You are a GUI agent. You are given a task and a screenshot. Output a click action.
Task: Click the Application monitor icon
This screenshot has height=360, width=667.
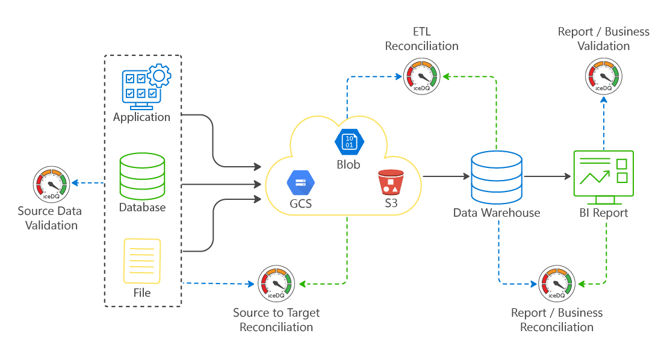pos(142,85)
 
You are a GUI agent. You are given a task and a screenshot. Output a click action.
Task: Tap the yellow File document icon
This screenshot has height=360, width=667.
pos(142,261)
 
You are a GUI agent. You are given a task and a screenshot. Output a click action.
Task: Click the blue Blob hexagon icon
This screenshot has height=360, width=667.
pos(349,143)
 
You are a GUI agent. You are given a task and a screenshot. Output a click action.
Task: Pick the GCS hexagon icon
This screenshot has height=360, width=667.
pos(301,181)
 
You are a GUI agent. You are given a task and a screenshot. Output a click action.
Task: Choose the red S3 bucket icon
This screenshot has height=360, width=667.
pos(391,182)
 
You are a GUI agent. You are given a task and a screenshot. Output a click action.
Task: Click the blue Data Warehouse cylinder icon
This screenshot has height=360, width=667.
pos(497,177)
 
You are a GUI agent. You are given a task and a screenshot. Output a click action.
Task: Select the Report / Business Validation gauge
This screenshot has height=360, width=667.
pos(603,76)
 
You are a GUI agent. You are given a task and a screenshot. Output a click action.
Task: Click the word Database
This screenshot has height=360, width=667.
pos(142,208)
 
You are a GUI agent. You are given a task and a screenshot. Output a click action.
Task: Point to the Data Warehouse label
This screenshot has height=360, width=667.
pos(497,213)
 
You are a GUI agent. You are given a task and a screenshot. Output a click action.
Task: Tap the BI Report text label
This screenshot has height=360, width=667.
pos(603,213)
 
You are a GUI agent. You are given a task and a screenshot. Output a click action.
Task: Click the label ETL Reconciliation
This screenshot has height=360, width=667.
pos(421,39)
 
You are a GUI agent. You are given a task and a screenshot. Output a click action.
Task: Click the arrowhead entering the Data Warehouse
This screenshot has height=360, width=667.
pos(466,176)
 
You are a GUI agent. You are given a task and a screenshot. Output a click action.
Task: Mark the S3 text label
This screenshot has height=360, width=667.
pos(391,203)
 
